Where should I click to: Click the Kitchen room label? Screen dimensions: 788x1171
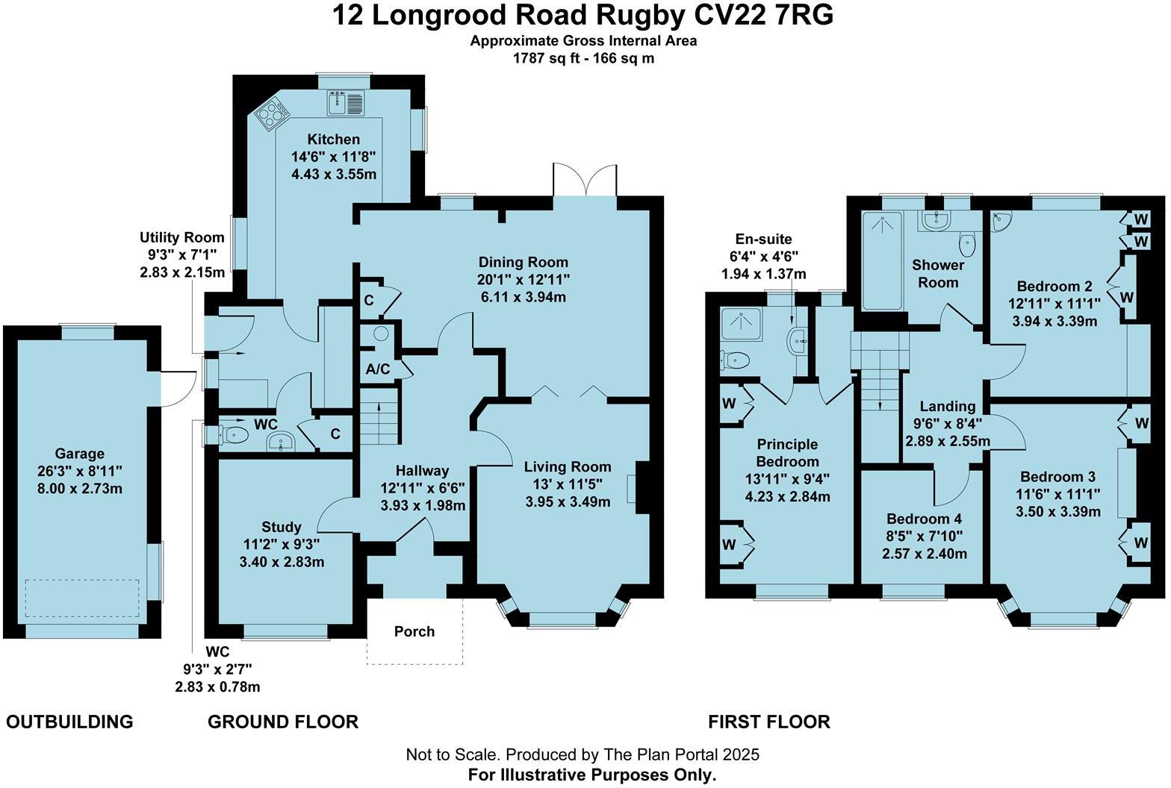[x=334, y=140]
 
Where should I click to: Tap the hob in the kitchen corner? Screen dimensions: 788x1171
[x=272, y=113]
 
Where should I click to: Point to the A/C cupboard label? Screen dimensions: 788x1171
[x=378, y=369]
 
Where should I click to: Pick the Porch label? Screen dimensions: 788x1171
[x=414, y=631]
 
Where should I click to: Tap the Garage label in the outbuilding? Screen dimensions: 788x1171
[x=80, y=454]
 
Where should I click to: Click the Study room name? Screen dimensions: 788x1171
[x=282, y=527]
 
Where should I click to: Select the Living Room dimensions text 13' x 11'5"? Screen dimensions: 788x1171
[x=568, y=484]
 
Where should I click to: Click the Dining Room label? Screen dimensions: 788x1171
[x=524, y=262]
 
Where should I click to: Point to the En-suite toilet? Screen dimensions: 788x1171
[x=736, y=361]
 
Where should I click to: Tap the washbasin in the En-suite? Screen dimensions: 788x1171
[x=798, y=341]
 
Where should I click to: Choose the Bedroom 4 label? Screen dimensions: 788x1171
[x=925, y=519]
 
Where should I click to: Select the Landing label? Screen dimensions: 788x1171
[x=948, y=406]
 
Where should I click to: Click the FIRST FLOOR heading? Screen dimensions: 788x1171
[x=769, y=722]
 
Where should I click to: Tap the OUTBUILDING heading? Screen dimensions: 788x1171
[x=69, y=722]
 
